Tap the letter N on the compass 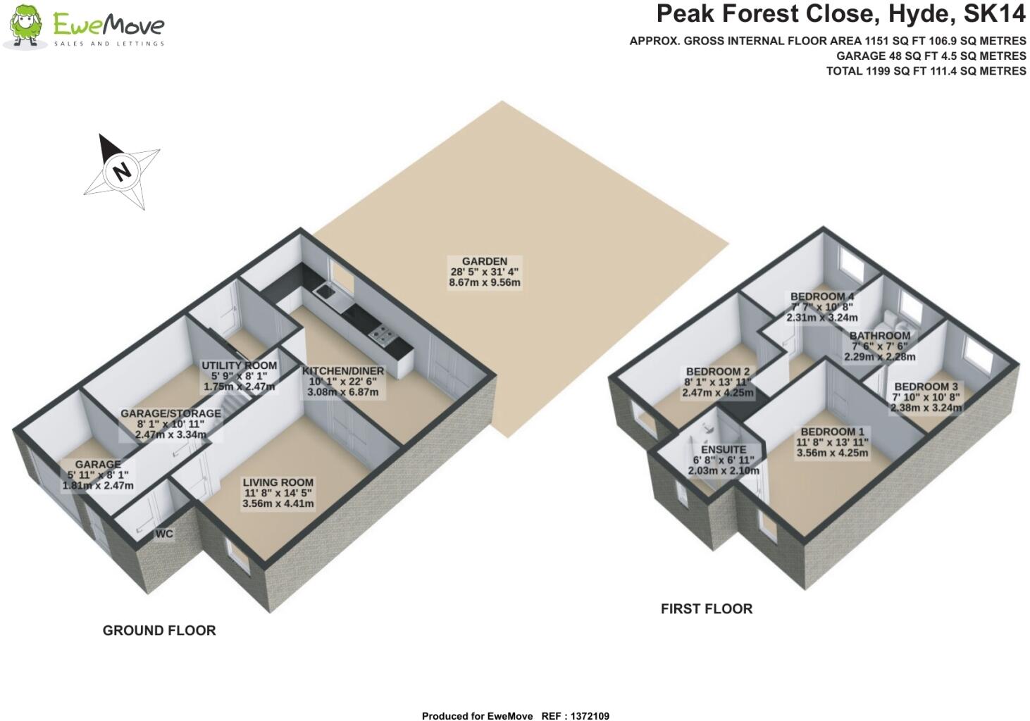pyautogui.click(x=123, y=170)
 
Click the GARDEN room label pyautogui.click(x=484, y=261)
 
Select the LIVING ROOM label pyautogui.click(x=278, y=482)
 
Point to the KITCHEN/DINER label pyautogui.click(x=343, y=371)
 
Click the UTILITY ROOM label pyautogui.click(x=239, y=365)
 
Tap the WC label pyautogui.click(x=164, y=534)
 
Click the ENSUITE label pyautogui.click(x=723, y=449)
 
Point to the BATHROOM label pyautogui.click(x=879, y=336)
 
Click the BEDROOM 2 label pyautogui.click(x=717, y=372)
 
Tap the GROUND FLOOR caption pyautogui.click(x=159, y=630)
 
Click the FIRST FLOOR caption pyautogui.click(x=706, y=608)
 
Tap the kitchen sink pyautogui.click(x=325, y=290)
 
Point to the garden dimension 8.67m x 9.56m pyautogui.click(x=484, y=283)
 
